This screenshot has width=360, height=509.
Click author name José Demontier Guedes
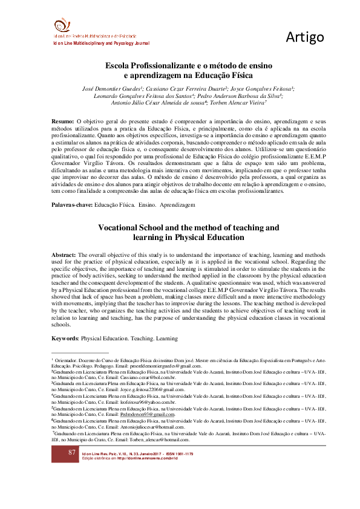coord(110,88)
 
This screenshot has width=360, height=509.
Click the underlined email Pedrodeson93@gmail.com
coord(148,415)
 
